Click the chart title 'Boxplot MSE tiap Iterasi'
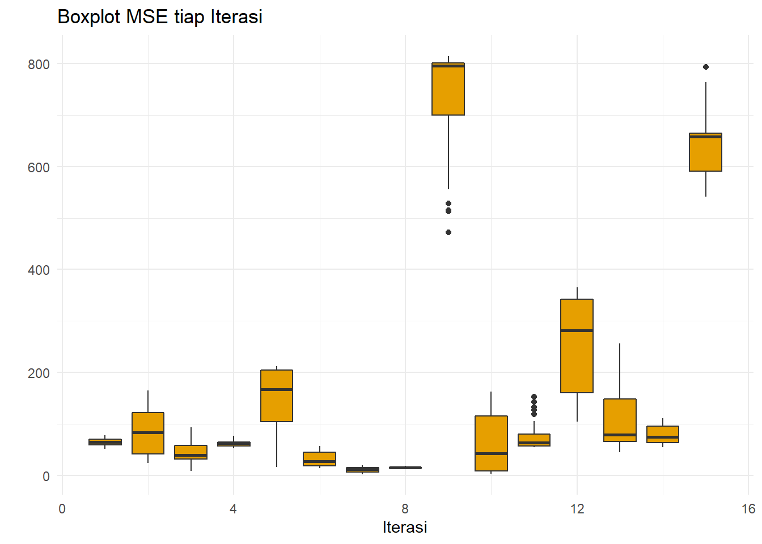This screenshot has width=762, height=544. tap(160, 17)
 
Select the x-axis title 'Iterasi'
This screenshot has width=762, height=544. tap(405, 527)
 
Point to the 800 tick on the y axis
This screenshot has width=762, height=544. tap(39, 65)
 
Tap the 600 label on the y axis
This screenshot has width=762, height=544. tap(39, 168)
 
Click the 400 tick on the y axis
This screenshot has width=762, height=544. tap(39, 270)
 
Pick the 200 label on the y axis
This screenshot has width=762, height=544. tap(39, 373)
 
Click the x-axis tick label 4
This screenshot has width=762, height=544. tap(233, 509)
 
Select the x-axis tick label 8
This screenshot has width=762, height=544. tap(405, 509)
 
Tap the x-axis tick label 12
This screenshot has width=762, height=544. tap(577, 509)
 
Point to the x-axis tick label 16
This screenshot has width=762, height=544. tap(748, 509)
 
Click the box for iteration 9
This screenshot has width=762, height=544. tap(448, 89)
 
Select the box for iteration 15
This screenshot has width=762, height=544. tap(705, 152)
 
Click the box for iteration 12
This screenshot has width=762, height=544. tap(577, 346)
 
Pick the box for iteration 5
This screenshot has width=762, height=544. tap(277, 396)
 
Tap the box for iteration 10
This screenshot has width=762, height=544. tap(491, 443)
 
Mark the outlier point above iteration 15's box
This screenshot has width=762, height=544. tap(705, 67)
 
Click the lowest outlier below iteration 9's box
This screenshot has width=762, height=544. tap(448, 232)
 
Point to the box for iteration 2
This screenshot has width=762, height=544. tap(148, 433)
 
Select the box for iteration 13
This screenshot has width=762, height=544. tap(620, 420)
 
